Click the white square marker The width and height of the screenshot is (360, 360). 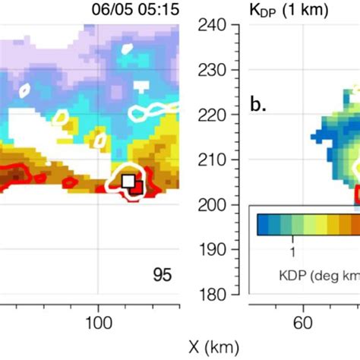(128, 180)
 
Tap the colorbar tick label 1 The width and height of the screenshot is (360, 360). (292, 248)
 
